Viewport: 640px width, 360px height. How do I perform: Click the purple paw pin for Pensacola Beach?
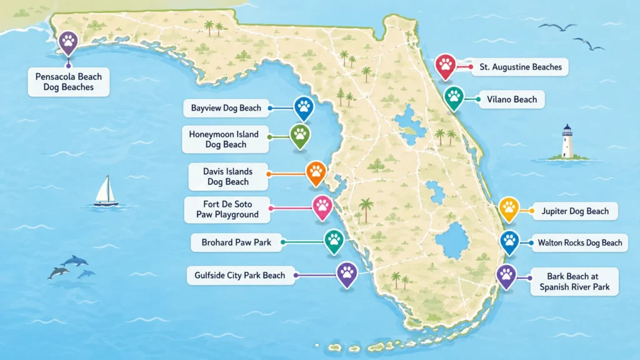tap(68, 42)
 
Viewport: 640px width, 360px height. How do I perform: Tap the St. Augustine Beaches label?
tap(520, 67)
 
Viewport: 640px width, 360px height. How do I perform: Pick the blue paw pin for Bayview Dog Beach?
tap(304, 107)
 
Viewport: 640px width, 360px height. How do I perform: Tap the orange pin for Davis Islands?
tap(316, 172)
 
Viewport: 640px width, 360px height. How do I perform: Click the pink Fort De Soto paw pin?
tap(322, 206)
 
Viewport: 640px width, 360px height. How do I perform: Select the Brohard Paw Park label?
tap(236, 242)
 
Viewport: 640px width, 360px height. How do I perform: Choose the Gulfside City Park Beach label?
tap(240, 275)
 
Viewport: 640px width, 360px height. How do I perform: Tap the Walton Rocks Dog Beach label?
tap(579, 242)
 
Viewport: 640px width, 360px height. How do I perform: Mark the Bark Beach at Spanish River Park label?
tap(573, 281)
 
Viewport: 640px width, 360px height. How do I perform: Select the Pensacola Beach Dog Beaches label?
tap(69, 82)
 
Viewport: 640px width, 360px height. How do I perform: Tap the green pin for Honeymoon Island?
tap(300, 135)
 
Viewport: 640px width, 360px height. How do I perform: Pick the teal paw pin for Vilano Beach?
tap(454, 97)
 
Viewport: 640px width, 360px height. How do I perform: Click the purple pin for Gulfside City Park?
tap(346, 273)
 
